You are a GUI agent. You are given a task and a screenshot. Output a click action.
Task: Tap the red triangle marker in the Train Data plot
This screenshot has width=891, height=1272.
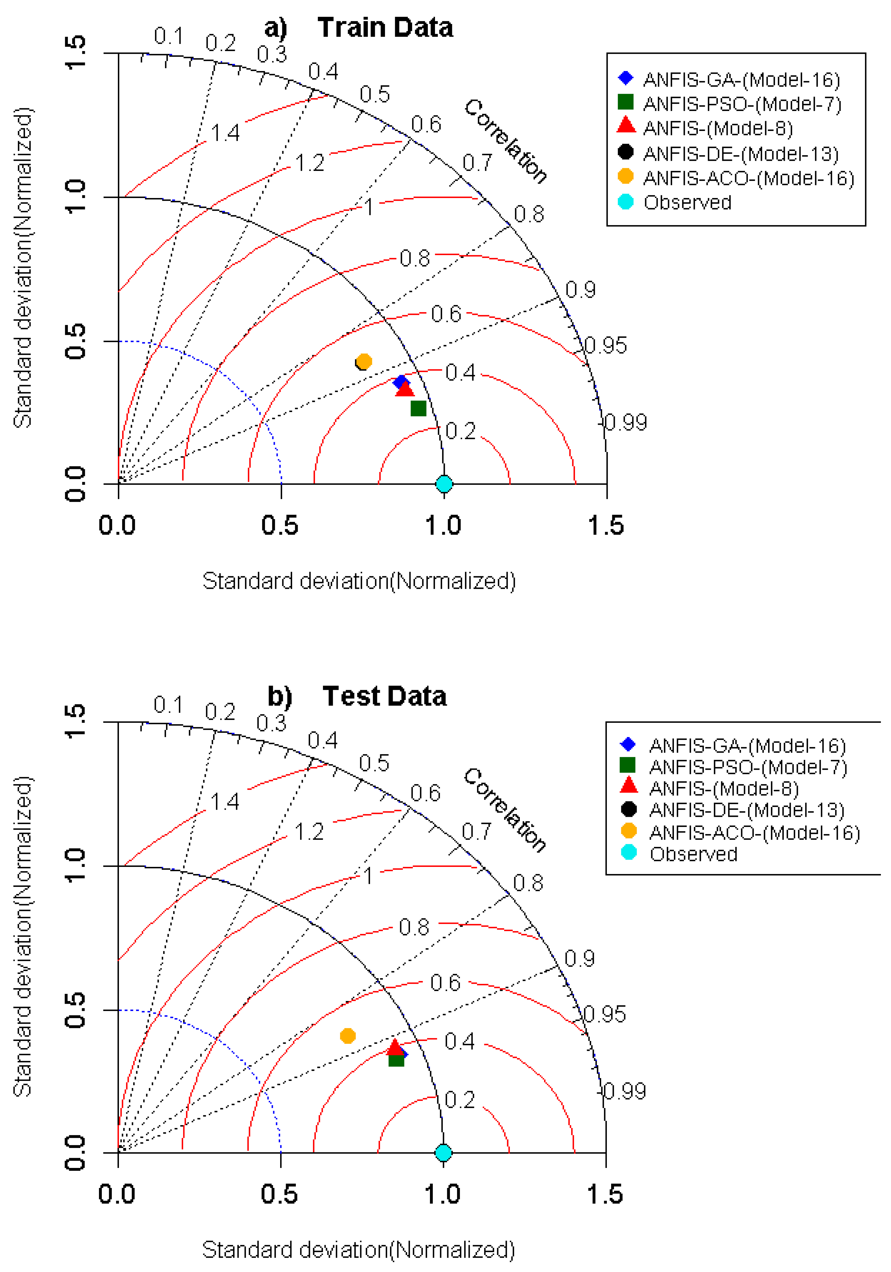tap(405, 389)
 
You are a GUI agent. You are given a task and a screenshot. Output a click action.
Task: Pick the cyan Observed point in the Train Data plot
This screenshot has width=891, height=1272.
tap(444, 484)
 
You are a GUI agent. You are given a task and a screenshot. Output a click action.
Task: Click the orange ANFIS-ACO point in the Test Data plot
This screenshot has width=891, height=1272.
tap(348, 1035)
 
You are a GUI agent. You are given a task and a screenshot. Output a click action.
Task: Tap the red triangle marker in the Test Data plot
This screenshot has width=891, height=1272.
tap(394, 1047)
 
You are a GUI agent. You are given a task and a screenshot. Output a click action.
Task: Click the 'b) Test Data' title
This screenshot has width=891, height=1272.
tap(357, 696)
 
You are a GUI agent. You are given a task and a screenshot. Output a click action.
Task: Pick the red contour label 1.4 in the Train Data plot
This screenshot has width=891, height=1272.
tap(225, 133)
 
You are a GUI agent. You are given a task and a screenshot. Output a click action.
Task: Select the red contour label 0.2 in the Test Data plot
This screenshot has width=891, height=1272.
tap(460, 1100)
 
